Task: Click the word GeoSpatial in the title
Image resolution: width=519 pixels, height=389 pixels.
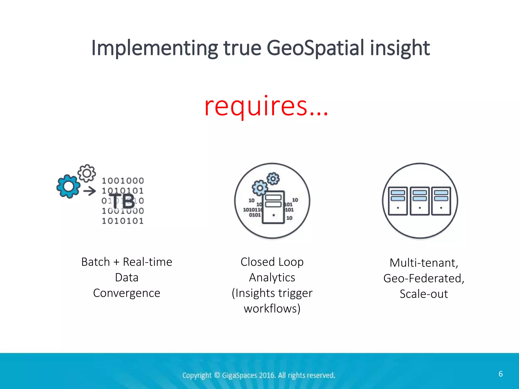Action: (x=316, y=48)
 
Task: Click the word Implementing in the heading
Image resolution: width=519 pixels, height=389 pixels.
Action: (x=154, y=48)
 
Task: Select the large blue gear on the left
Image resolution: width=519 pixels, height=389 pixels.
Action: (x=68, y=186)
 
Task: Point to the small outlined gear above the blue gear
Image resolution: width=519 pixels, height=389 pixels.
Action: (x=87, y=173)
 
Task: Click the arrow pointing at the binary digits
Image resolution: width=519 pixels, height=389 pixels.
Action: (x=90, y=191)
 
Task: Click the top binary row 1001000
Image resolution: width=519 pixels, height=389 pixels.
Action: (x=123, y=181)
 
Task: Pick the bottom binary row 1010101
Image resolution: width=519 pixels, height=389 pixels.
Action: (x=123, y=221)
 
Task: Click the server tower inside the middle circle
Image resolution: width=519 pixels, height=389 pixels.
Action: (x=273, y=207)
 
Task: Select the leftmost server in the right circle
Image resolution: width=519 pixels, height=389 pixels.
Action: (x=398, y=201)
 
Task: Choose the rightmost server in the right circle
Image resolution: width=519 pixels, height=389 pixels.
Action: (x=441, y=201)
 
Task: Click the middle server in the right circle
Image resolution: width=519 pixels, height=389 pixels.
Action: (x=420, y=201)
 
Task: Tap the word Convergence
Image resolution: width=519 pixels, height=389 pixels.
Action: (x=127, y=293)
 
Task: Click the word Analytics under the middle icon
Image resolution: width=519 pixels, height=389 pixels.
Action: (x=272, y=278)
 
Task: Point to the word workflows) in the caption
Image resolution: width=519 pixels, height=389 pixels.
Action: (x=272, y=309)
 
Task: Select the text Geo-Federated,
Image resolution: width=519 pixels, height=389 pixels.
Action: (x=424, y=278)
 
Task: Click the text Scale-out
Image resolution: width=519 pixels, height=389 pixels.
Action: (x=424, y=294)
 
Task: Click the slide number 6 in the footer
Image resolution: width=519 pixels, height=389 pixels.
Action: (x=501, y=374)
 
